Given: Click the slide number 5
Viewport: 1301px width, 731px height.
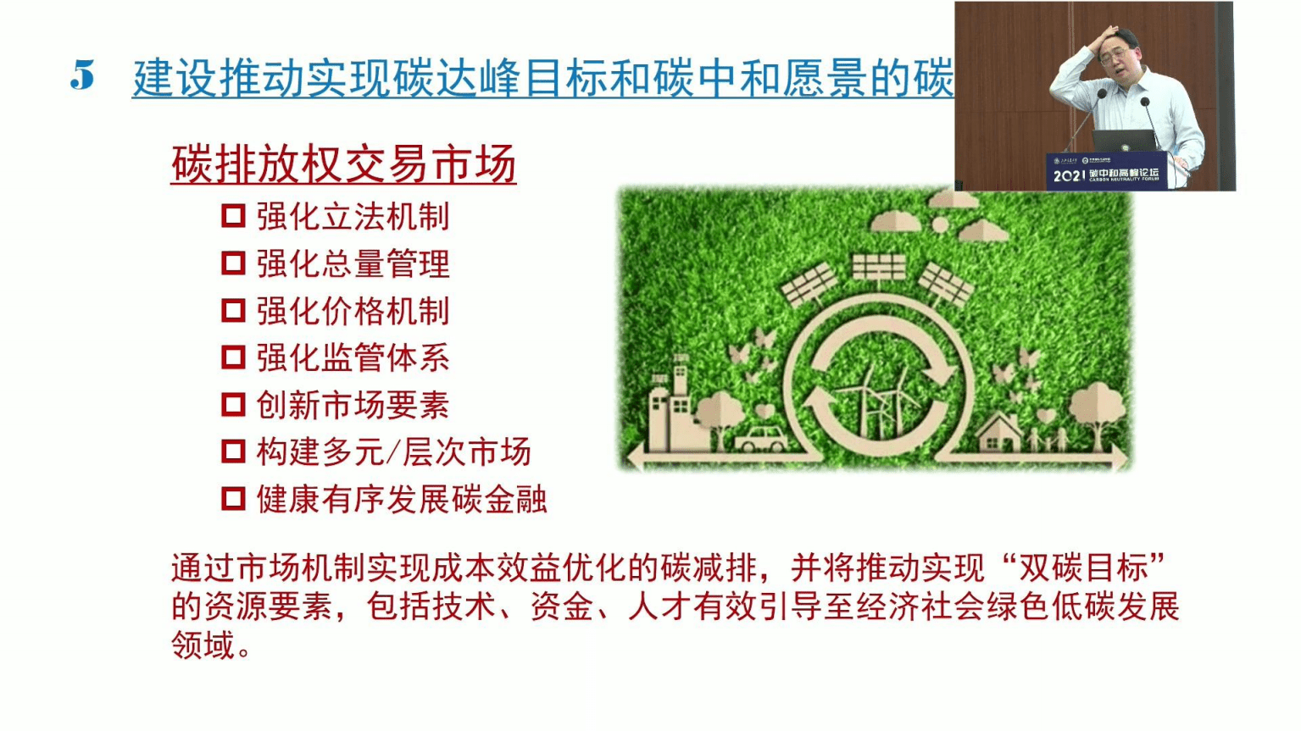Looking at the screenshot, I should coord(82,76).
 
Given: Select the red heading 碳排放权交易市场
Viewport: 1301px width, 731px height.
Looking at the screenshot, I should coord(343,164).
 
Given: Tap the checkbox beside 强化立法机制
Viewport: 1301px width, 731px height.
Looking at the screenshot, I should coord(233,215).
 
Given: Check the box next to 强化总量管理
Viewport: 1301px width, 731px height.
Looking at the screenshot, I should coord(233,263).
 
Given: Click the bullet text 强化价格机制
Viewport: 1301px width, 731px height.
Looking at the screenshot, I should coord(353,311).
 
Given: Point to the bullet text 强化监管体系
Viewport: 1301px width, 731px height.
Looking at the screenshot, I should coord(353,357).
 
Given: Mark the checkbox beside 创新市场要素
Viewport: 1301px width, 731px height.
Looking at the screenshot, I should coord(233,404).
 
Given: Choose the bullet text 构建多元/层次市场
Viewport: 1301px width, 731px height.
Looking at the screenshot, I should coord(393,451).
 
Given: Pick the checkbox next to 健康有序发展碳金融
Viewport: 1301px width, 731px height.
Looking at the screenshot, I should coord(233,498).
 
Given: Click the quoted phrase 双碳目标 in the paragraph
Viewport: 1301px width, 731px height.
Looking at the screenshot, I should coord(1082,567).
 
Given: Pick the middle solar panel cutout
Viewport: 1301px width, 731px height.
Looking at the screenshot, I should coord(878,267).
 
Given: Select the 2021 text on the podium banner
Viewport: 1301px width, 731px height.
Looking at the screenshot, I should coord(1068,175).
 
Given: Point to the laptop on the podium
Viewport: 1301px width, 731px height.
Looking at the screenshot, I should coord(1123,140).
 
